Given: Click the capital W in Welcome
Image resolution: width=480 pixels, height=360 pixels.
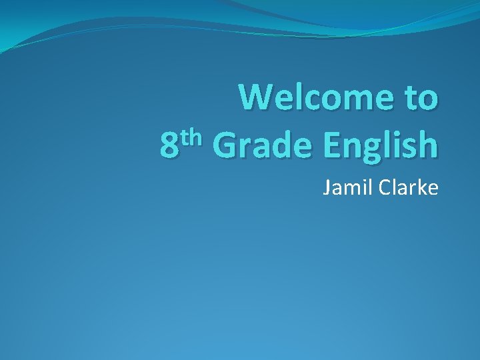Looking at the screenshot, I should click(x=257, y=98).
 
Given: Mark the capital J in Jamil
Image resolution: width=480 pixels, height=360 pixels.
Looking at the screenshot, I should click(x=327, y=189).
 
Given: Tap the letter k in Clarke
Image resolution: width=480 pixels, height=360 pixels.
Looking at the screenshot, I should click(x=421, y=189).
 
